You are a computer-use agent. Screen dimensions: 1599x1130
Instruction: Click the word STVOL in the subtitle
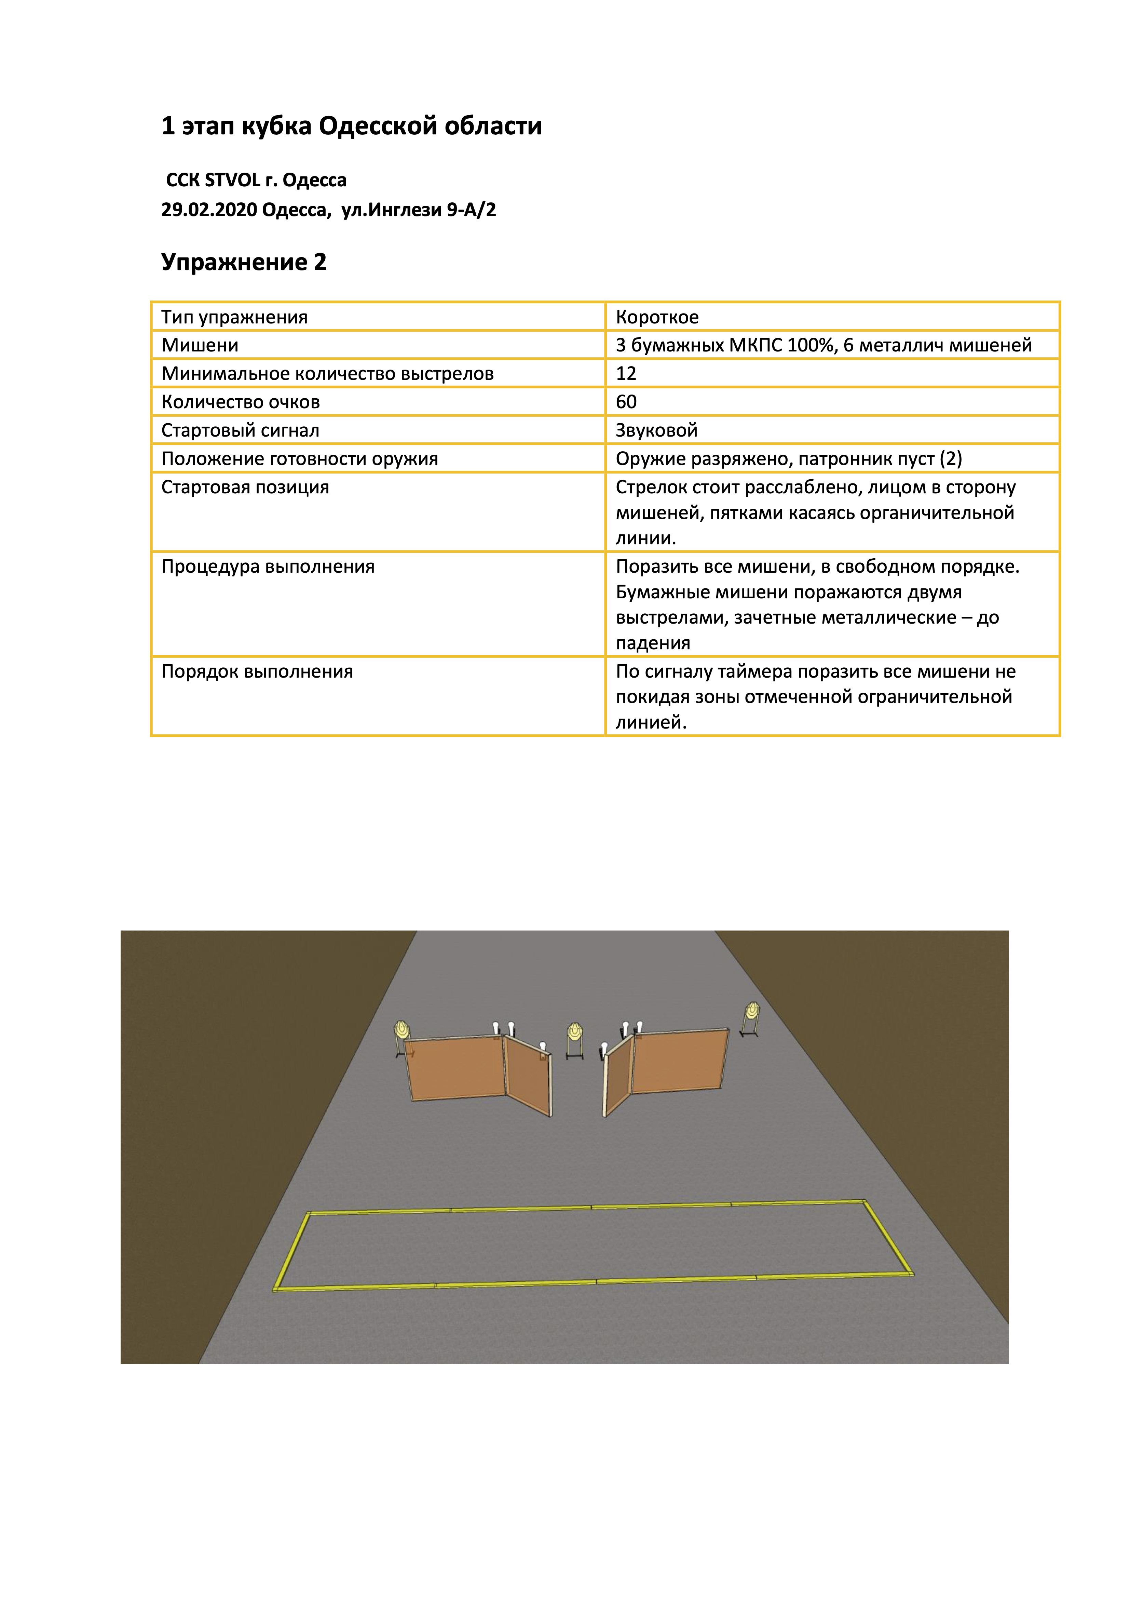(x=232, y=181)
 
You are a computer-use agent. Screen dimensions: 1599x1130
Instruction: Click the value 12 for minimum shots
(x=626, y=374)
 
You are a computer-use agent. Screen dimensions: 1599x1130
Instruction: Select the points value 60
(x=626, y=402)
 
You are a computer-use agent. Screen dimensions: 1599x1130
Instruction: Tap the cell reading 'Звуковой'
(x=656, y=430)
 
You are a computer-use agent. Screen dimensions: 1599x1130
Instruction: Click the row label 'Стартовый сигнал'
(x=240, y=430)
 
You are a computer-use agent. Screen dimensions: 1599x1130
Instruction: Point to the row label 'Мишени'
(x=200, y=345)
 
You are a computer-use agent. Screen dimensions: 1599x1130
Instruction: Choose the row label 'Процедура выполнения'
(x=268, y=567)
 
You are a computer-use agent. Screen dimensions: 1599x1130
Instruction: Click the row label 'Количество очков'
(x=240, y=402)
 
